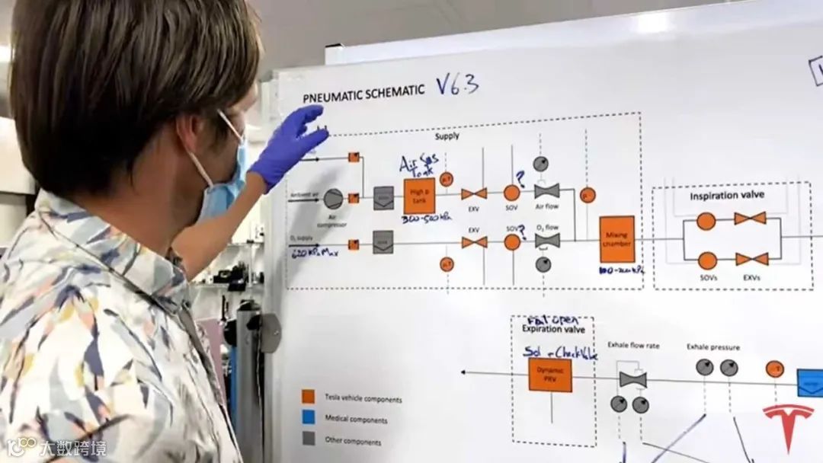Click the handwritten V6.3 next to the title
click(x=457, y=84)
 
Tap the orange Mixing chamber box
click(x=616, y=239)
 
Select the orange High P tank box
click(x=419, y=196)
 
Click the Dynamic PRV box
click(x=549, y=375)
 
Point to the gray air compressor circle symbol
click(x=333, y=199)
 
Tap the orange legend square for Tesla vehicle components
click(x=308, y=397)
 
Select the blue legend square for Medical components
click(x=308, y=417)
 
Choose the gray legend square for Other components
click(x=308, y=438)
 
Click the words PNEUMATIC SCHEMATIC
click(x=363, y=94)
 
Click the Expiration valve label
click(x=553, y=329)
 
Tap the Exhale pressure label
click(x=713, y=346)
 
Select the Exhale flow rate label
click(x=633, y=345)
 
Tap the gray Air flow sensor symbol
click(x=546, y=190)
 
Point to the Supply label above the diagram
click(x=447, y=136)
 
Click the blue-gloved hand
click(x=290, y=145)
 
